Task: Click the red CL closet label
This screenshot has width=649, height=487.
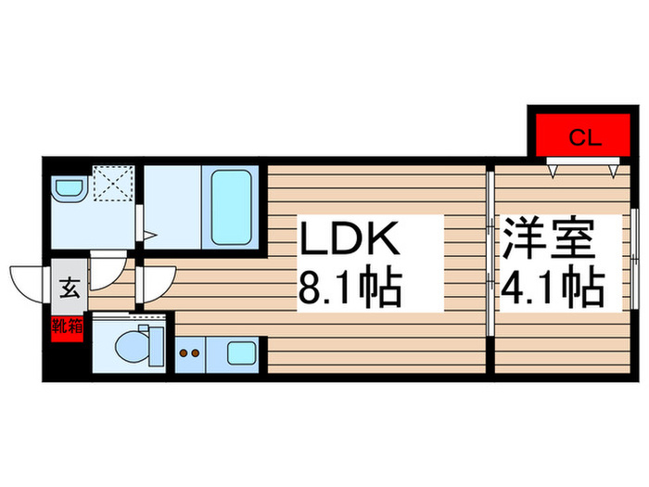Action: tap(585, 139)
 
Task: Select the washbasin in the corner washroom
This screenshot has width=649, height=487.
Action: tap(68, 190)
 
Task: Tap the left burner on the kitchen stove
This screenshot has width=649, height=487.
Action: tap(184, 352)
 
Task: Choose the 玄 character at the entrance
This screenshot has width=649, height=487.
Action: tap(70, 288)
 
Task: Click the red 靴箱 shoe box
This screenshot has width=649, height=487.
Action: tap(68, 327)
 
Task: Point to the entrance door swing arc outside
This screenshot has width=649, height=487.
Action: tap(26, 279)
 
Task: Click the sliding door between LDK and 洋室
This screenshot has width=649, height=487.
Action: tap(489, 250)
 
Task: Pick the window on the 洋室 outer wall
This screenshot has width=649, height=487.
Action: tap(636, 250)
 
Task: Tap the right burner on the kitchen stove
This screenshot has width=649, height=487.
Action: tap(197, 352)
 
